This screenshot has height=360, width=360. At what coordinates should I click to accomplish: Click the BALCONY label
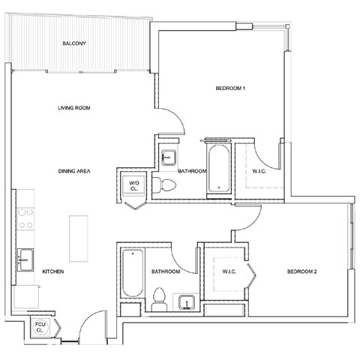(x=75, y=43)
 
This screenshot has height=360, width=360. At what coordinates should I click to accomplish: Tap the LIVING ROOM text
(x=73, y=108)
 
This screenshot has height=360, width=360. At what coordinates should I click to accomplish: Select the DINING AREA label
(x=74, y=172)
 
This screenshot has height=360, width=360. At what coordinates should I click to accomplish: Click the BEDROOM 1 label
(x=231, y=89)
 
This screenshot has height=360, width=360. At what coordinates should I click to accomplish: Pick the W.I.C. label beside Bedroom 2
(x=229, y=271)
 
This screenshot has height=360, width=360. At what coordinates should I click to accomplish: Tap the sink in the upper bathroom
(x=169, y=157)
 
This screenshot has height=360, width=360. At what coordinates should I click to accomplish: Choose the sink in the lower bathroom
(x=188, y=302)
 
